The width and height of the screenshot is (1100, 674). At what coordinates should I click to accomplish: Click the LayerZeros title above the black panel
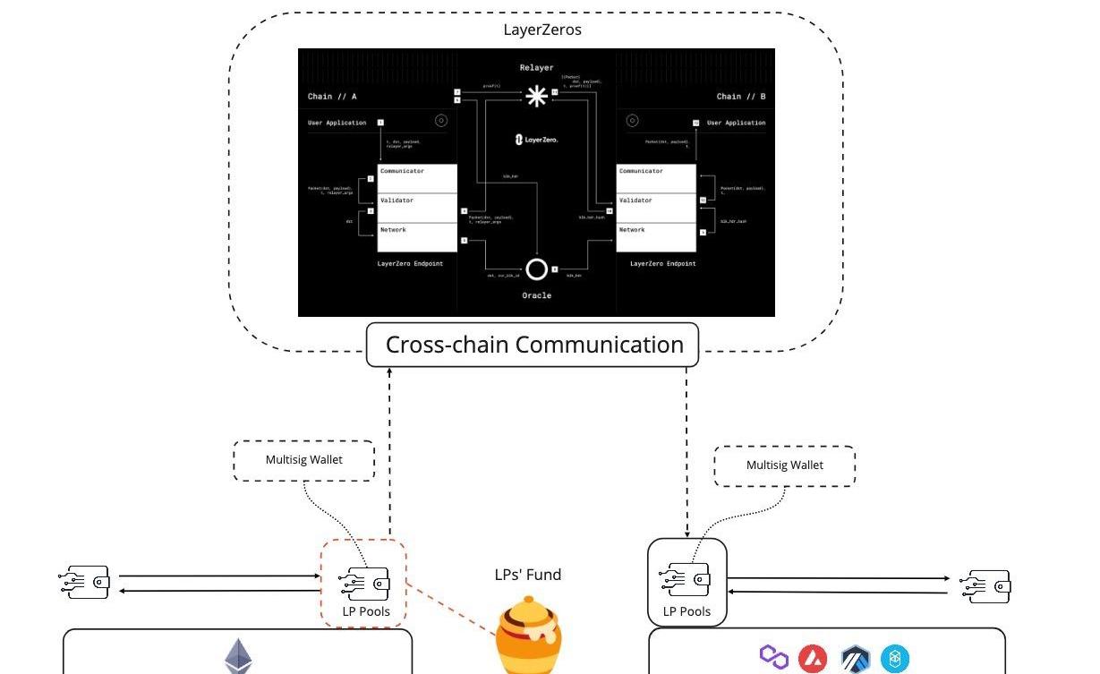pos(542,30)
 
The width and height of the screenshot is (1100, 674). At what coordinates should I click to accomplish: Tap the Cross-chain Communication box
pos(533,345)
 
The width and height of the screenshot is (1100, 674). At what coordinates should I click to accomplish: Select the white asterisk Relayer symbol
pos(536,96)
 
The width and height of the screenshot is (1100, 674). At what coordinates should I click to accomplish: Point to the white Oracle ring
pos(536,269)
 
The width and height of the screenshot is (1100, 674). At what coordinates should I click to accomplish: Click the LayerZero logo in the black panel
pos(536,139)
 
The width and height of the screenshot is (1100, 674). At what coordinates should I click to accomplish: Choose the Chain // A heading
pos(333,97)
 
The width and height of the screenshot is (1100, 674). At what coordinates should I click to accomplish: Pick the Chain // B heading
pos(740,97)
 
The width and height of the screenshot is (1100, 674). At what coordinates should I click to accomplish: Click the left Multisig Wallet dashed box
pos(303,460)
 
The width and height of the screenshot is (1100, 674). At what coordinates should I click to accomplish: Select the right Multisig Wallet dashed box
pos(784,465)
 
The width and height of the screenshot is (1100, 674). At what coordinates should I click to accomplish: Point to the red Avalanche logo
pos(812,659)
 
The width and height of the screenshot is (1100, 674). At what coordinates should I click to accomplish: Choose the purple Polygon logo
pos(773,657)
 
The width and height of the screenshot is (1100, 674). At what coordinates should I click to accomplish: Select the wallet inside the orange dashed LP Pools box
pos(364,584)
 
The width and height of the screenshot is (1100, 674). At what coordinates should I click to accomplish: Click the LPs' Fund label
pos(528,575)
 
